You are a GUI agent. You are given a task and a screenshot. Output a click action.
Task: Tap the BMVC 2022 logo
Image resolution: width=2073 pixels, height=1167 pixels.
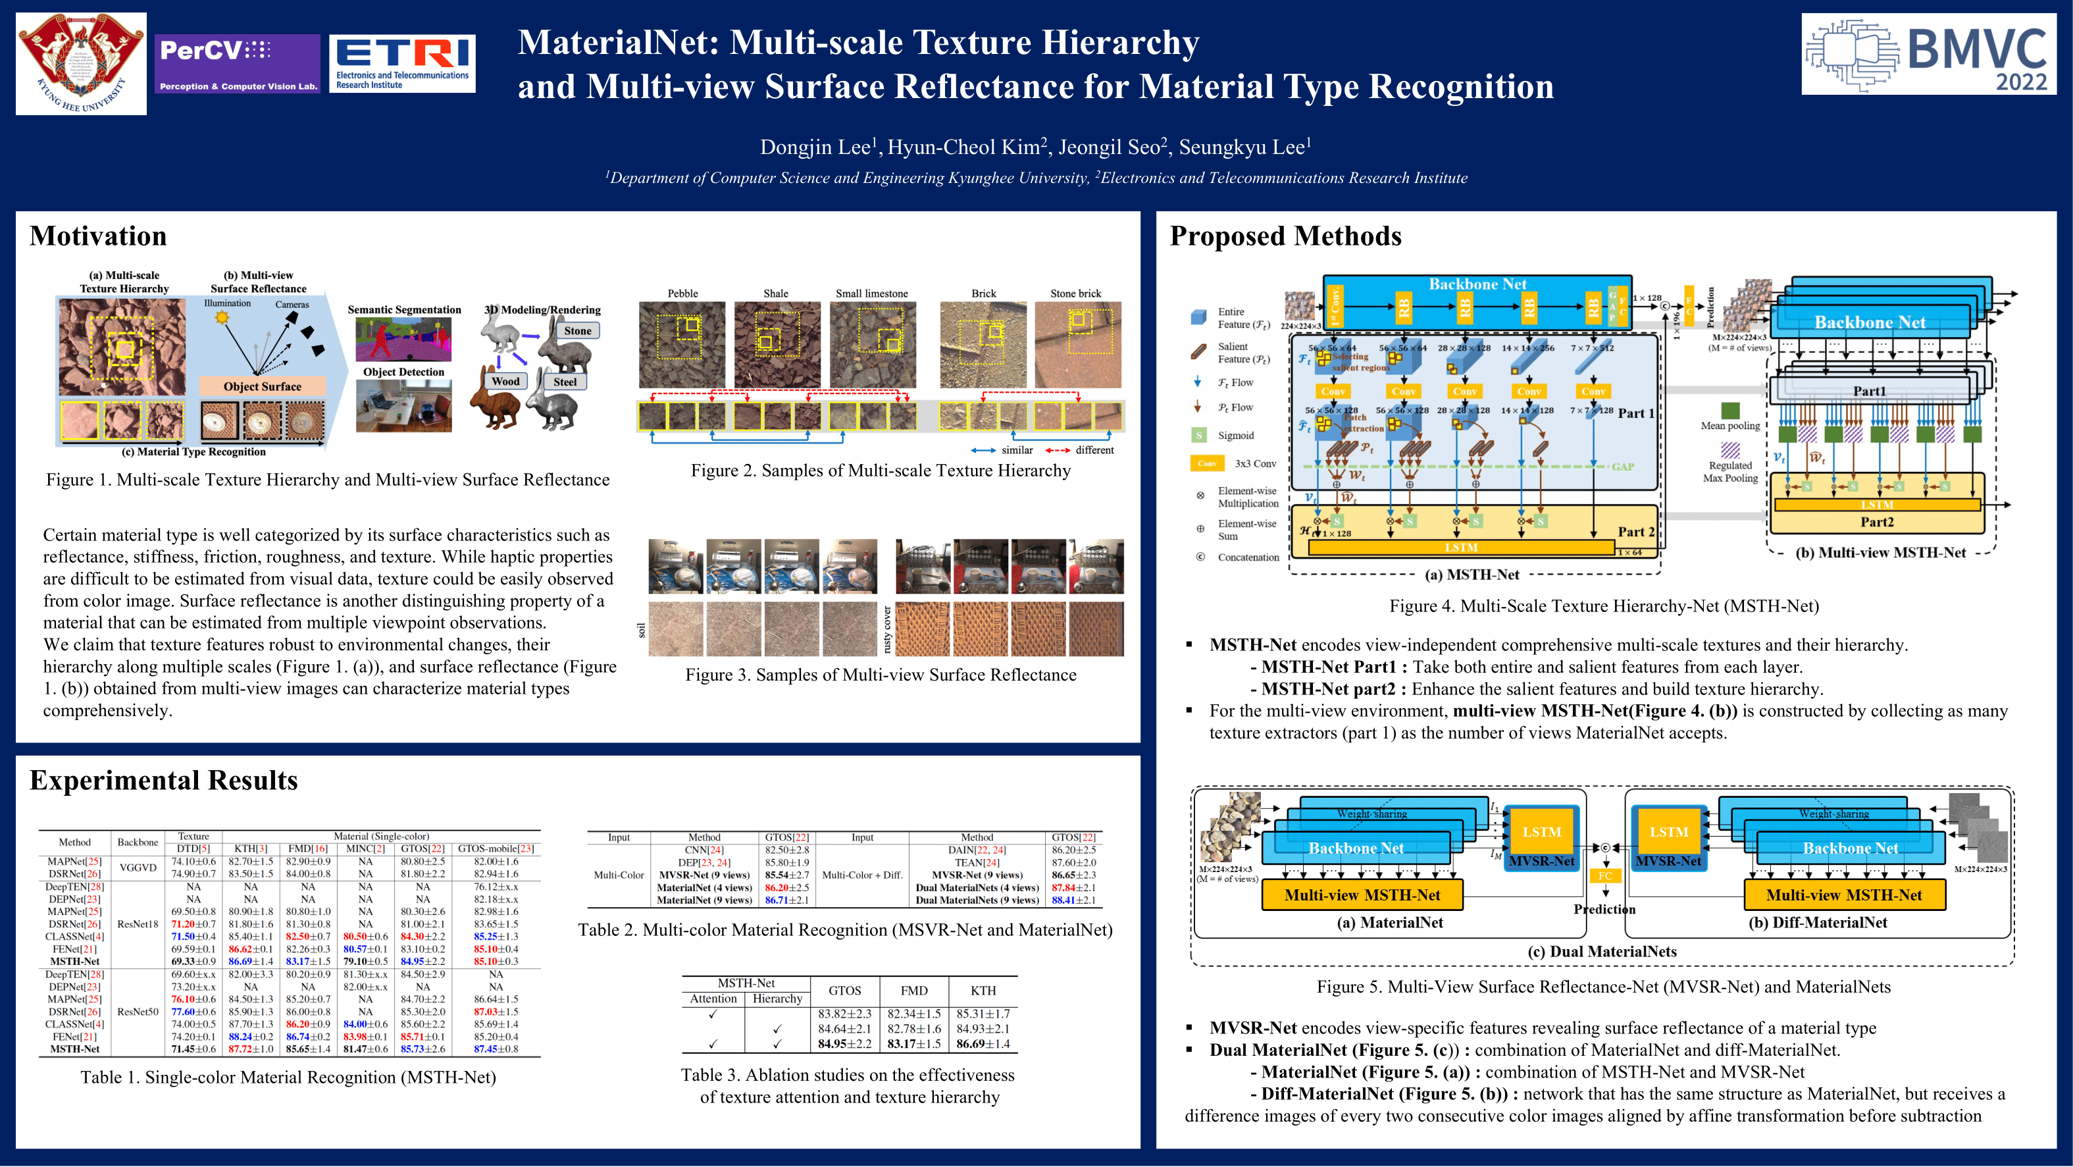coord(1928,54)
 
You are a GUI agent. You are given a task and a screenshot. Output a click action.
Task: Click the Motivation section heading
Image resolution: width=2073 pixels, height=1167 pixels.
coord(98,236)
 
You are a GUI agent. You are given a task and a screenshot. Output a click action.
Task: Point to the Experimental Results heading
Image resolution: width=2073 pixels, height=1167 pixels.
coord(163,780)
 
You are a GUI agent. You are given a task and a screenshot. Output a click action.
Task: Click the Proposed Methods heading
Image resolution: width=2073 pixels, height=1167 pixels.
coord(1285,236)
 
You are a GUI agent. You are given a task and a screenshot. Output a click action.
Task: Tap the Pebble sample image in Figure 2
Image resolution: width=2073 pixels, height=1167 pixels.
coord(682,344)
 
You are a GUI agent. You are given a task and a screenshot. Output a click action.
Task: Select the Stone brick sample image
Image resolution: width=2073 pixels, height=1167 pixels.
coord(1077,344)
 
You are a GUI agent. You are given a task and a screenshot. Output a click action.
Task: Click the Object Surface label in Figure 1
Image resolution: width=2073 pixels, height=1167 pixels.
coord(263,386)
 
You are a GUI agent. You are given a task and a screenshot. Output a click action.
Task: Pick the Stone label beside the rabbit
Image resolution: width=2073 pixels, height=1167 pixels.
coord(577,331)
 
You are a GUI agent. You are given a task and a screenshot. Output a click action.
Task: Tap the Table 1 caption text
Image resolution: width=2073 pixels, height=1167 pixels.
coord(288,1077)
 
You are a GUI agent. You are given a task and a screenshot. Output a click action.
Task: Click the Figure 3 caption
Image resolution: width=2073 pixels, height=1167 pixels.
coord(881,675)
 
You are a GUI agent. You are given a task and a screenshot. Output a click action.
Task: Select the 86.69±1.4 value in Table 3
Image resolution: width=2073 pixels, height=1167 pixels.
coord(983,1044)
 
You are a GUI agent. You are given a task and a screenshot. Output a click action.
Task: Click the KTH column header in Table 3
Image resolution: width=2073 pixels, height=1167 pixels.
coord(983,991)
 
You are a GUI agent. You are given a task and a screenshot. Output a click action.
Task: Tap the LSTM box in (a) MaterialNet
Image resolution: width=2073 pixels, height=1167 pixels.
coord(1541,832)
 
